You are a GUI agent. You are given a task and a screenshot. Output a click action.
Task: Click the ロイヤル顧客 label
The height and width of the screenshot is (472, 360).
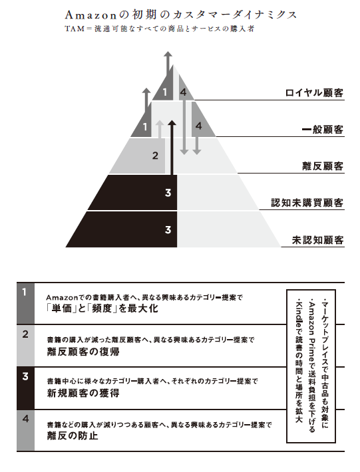point(314,92)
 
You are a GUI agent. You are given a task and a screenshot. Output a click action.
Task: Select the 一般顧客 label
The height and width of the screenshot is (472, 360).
point(323,130)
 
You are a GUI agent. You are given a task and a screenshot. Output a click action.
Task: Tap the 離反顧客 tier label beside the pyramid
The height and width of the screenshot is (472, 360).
point(323,166)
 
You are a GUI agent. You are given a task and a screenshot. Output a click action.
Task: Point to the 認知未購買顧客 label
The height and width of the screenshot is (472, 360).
point(307,203)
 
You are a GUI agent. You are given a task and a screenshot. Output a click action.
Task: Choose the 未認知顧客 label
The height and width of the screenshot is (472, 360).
point(317,240)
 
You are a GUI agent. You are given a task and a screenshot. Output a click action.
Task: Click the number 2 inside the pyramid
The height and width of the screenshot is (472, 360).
point(155,156)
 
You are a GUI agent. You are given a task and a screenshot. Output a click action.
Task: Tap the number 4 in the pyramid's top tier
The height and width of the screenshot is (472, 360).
point(183,92)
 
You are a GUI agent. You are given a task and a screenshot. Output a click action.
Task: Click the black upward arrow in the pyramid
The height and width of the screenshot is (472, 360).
point(172,148)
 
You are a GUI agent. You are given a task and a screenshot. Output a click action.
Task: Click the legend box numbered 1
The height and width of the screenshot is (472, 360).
point(25,303)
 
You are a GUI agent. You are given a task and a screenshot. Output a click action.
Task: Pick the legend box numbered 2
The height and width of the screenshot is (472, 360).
point(25,346)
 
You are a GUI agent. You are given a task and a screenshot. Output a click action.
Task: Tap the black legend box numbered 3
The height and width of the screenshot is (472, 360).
point(25,388)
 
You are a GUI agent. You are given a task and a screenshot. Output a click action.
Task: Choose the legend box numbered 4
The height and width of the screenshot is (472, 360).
point(25,431)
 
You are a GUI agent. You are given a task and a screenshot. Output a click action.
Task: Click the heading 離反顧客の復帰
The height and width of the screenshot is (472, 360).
point(83,351)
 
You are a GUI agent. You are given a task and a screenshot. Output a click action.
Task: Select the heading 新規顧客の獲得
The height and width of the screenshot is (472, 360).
point(83,393)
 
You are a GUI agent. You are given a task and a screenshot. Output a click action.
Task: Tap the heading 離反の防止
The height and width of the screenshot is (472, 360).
point(73,435)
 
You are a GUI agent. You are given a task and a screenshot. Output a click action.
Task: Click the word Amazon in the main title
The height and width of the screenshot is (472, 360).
point(90,15)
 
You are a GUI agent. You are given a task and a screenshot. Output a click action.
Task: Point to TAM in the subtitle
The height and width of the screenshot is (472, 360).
point(75,29)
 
